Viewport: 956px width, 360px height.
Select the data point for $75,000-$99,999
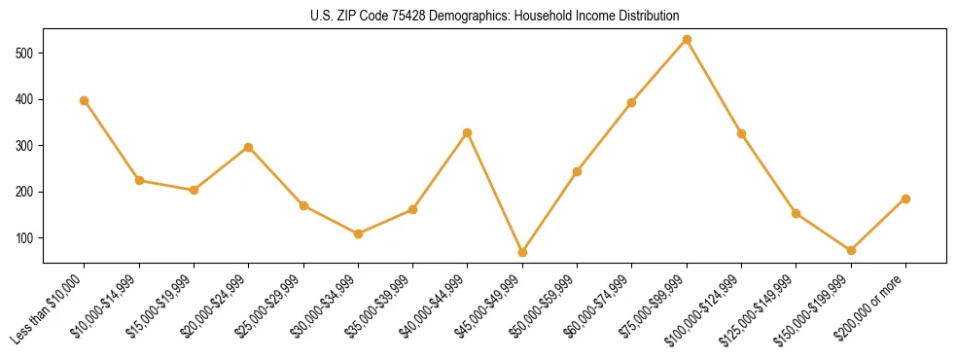tap(687, 39)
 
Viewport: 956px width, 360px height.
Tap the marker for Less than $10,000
tap(85, 100)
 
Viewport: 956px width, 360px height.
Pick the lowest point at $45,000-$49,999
tap(522, 252)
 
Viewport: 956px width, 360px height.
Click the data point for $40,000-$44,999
tap(468, 132)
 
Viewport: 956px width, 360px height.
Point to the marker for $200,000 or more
tap(905, 198)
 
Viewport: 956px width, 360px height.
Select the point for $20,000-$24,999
tap(249, 147)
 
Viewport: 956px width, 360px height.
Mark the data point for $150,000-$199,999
tap(851, 250)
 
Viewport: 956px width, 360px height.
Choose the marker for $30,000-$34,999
tap(358, 234)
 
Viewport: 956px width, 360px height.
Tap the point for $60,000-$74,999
tap(632, 102)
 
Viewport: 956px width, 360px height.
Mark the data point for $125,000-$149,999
tap(796, 213)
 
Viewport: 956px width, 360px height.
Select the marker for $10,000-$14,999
tap(139, 180)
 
